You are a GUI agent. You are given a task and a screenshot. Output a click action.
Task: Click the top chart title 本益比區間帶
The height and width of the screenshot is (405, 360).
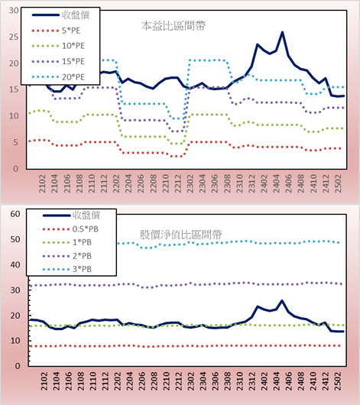pos(174,26)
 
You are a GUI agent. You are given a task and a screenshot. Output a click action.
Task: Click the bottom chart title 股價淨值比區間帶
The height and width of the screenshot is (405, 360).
pos(180,235)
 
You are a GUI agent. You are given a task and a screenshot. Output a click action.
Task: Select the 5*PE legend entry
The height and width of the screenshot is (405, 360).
pos(56,31)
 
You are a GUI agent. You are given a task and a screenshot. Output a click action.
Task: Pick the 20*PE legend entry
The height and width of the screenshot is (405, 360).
pos(58,77)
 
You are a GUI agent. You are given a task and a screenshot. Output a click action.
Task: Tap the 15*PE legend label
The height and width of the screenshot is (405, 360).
pos(73,61)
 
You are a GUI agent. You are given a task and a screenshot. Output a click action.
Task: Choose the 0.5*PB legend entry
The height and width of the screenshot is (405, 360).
pos(70,229)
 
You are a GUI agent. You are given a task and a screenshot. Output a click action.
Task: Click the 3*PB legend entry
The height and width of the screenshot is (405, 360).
pos(67,269)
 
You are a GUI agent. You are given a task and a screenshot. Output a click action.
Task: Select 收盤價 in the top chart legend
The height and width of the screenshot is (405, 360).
pos(60,15)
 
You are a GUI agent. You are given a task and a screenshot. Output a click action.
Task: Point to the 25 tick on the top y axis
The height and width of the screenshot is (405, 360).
pos(14,37)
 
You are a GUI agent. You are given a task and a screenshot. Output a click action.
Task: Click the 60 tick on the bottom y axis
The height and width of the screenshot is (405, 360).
pos(15,214)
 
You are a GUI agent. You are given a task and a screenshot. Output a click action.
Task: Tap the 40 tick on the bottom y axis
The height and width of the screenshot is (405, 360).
pos(15,264)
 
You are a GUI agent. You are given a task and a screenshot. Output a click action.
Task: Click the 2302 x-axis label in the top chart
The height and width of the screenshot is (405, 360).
pos(190,183)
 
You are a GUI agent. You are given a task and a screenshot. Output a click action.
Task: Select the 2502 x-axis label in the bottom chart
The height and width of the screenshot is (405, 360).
pos(339,381)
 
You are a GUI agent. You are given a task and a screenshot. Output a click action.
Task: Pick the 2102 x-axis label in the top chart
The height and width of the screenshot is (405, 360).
pos(42,183)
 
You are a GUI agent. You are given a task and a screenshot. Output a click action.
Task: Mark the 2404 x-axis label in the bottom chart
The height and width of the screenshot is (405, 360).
pos(277,381)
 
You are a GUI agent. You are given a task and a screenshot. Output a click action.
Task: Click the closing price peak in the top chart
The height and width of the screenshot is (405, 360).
pos(282,32)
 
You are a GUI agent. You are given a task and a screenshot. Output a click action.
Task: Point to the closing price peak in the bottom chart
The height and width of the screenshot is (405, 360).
pos(282,300)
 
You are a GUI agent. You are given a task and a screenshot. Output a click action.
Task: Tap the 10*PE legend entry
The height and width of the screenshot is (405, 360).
pos(58,46)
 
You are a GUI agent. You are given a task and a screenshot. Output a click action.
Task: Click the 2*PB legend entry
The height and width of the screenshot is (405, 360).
pos(67,256)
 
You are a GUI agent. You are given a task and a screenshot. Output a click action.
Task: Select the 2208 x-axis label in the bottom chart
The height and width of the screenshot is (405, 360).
pos(154,381)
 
